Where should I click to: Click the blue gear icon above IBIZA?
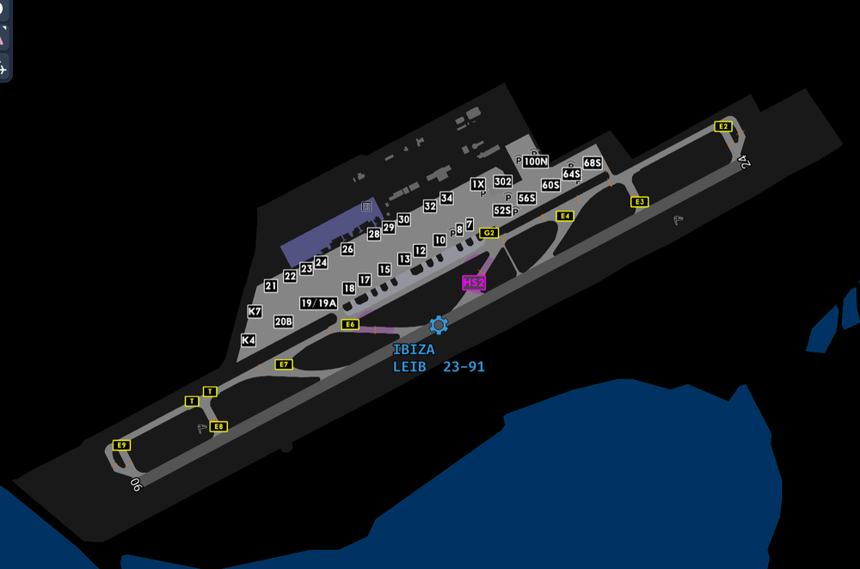tap(439, 325)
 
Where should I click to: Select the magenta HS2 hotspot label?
tap(474, 283)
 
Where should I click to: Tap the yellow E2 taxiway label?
tap(723, 126)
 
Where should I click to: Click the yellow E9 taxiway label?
tap(122, 444)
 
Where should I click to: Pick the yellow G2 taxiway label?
tap(489, 232)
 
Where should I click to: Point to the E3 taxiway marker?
tap(639, 202)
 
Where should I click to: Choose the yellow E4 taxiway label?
tap(564, 216)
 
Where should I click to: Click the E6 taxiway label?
tap(349, 324)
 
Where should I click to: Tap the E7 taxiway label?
tap(284, 364)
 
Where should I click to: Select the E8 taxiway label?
tap(218, 426)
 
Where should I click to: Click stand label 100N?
tap(535, 161)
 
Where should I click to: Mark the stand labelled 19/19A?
tap(319, 303)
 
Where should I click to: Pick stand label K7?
tap(255, 311)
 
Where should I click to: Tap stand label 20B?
tap(284, 321)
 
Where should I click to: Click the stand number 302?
tap(503, 181)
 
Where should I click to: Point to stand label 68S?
tap(592, 162)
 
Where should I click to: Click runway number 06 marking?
tap(135, 484)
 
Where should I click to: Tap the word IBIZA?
tap(414, 350)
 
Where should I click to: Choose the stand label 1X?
tap(478, 184)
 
